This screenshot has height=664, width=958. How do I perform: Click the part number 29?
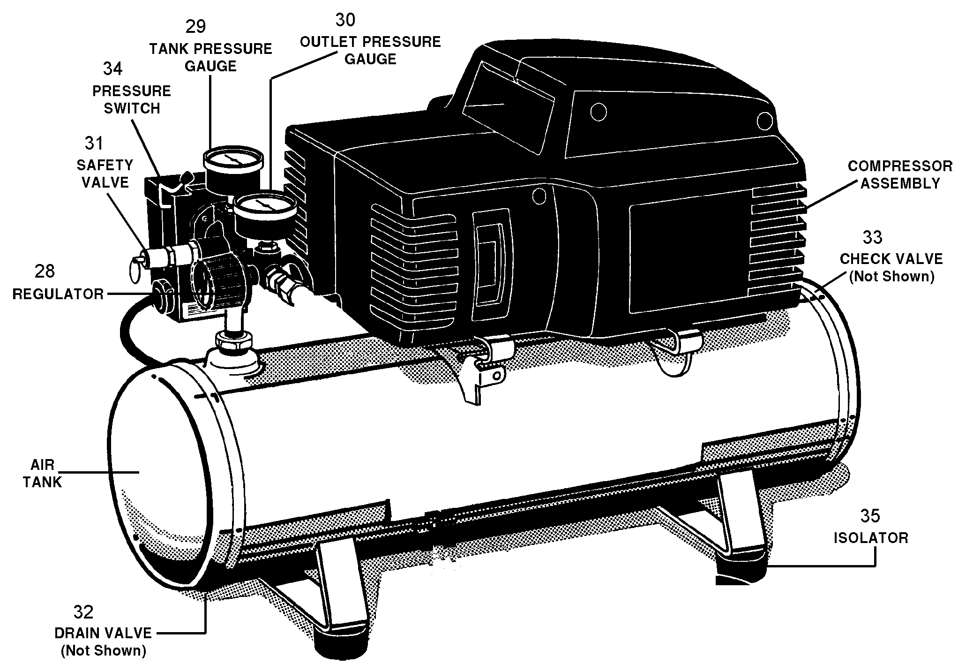[195, 26]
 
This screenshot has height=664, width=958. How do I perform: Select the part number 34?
[112, 69]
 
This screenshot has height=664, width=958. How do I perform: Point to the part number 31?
[94, 143]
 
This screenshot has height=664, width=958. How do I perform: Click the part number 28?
[45, 271]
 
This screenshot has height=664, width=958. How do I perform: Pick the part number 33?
[872, 237]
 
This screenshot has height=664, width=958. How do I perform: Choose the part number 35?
[870, 516]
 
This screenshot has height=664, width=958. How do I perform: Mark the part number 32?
[83, 612]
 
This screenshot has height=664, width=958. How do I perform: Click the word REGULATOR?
[58, 294]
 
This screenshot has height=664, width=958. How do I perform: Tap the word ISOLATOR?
[871, 537]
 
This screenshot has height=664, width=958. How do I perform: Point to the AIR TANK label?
[43, 474]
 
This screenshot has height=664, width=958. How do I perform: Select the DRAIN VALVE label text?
[103, 633]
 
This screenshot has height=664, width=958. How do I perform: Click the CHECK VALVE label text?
[891, 259]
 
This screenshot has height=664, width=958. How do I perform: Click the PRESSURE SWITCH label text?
[132, 99]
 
